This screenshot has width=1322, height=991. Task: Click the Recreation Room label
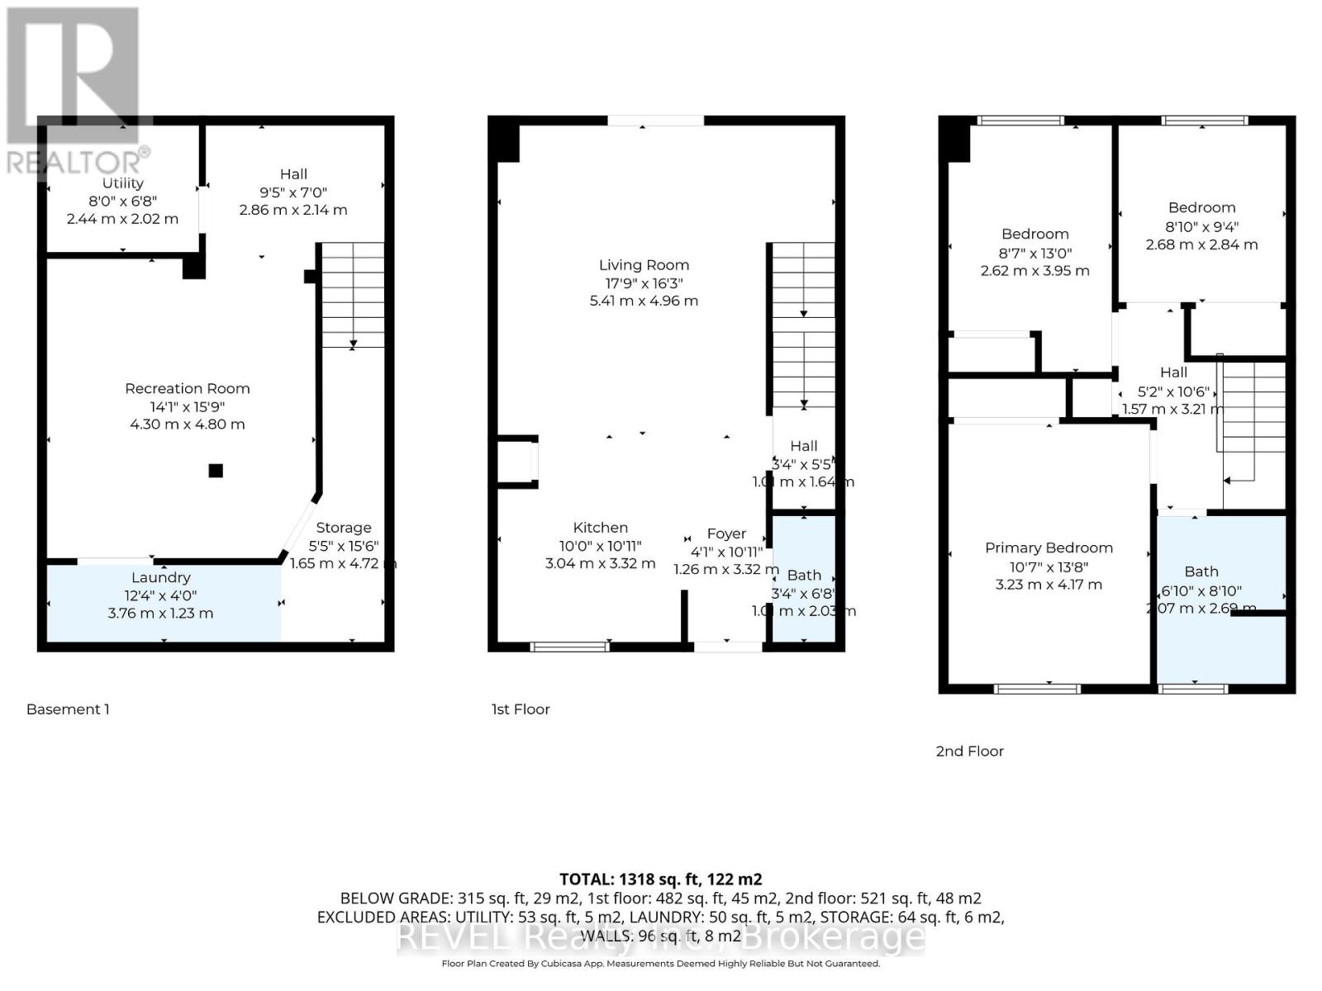click(x=188, y=388)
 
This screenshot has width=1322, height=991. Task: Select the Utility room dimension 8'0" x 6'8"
click(x=122, y=201)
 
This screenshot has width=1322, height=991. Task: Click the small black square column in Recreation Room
click(x=216, y=471)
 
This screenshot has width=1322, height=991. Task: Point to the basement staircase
click(x=353, y=295)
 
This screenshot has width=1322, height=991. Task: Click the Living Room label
click(x=644, y=265)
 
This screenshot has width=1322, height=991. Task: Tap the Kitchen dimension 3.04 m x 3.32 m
click(x=600, y=563)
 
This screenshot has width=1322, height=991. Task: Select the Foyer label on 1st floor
click(x=726, y=533)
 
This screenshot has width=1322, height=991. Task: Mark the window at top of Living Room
click(x=656, y=121)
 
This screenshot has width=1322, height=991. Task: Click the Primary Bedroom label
click(x=1049, y=548)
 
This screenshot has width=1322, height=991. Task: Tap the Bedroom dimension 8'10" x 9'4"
click(x=1201, y=226)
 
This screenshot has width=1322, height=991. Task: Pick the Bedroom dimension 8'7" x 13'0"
click(x=1034, y=253)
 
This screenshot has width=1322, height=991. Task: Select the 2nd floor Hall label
click(x=1173, y=372)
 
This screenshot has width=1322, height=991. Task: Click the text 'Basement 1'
click(x=68, y=709)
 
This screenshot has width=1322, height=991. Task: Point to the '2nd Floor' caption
click(x=969, y=751)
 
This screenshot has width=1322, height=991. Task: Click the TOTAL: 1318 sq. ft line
click(x=660, y=880)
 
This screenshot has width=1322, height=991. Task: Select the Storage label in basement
click(x=344, y=527)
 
